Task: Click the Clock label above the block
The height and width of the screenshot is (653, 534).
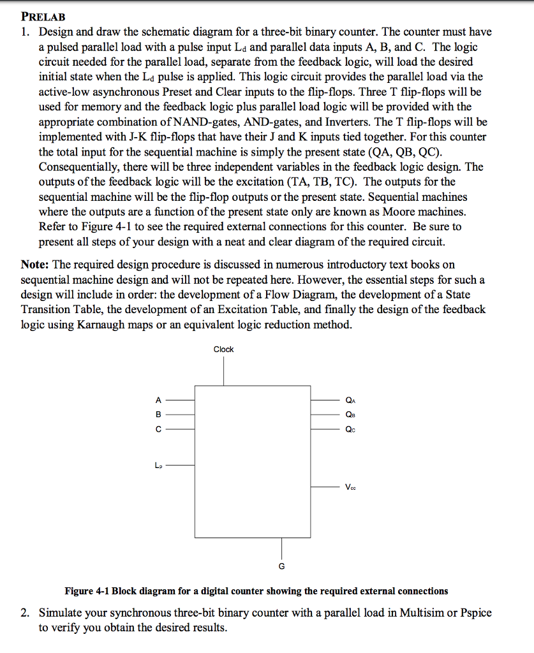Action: pos(223,349)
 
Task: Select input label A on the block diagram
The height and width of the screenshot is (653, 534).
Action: pos(158,400)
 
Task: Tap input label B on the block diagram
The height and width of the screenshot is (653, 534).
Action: pos(158,415)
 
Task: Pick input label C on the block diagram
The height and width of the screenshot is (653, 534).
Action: pos(158,429)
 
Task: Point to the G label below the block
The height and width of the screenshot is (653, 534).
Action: pos(281,566)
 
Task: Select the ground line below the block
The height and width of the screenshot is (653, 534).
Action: pos(281,548)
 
